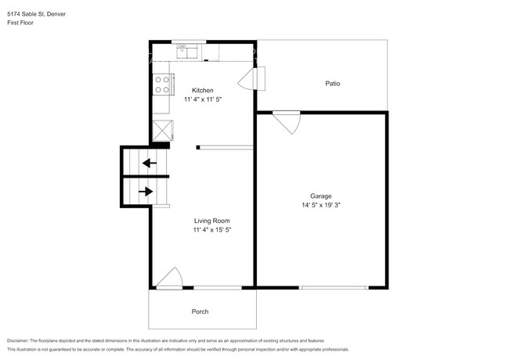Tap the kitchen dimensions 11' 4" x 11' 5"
(x=202, y=100)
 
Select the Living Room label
(x=212, y=221)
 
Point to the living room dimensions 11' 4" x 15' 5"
(x=212, y=230)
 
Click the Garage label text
(x=320, y=196)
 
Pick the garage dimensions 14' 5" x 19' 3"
(x=320, y=205)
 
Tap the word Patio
(x=333, y=83)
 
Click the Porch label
(x=200, y=311)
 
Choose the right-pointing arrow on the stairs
(x=146, y=190)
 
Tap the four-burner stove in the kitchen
(x=163, y=83)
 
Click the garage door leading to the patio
(x=287, y=124)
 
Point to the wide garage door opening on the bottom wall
(x=334, y=288)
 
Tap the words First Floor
(x=21, y=23)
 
